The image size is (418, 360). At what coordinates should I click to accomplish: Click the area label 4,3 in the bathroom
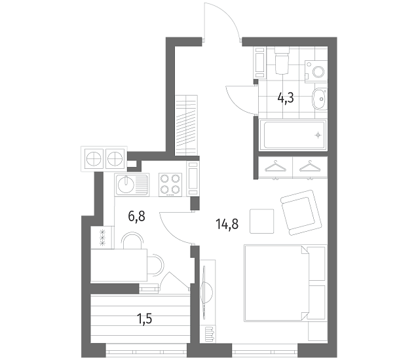(x=286, y=98)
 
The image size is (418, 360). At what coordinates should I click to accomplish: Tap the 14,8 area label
(x=227, y=224)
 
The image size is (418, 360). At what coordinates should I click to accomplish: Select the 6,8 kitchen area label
(x=136, y=216)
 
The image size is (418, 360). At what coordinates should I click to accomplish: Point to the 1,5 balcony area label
(x=144, y=319)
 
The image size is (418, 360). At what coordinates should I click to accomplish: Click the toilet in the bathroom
(x=282, y=61)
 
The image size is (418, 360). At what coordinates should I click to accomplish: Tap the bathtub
(x=295, y=135)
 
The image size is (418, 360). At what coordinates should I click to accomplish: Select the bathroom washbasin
(x=319, y=99)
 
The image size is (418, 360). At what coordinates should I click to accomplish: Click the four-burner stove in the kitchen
(x=170, y=185)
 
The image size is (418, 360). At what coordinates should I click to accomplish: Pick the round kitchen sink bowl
(x=126, y=185)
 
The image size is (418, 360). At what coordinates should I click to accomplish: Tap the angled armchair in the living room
(x=301, y=213)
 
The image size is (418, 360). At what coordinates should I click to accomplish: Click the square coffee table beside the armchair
(x=262, y=221)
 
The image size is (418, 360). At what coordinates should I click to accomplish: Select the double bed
(x=285, y=283)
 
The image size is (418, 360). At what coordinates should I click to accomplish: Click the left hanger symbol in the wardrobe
(x=275, y=166)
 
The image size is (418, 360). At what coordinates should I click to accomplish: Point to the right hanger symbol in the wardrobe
(x=310, y=166)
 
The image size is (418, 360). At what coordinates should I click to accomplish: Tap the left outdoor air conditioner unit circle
(x=94, y=158)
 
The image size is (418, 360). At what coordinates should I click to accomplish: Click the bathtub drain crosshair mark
(x=318, y=135)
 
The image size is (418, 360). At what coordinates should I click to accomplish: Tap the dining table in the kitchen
(x=119, y=265)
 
